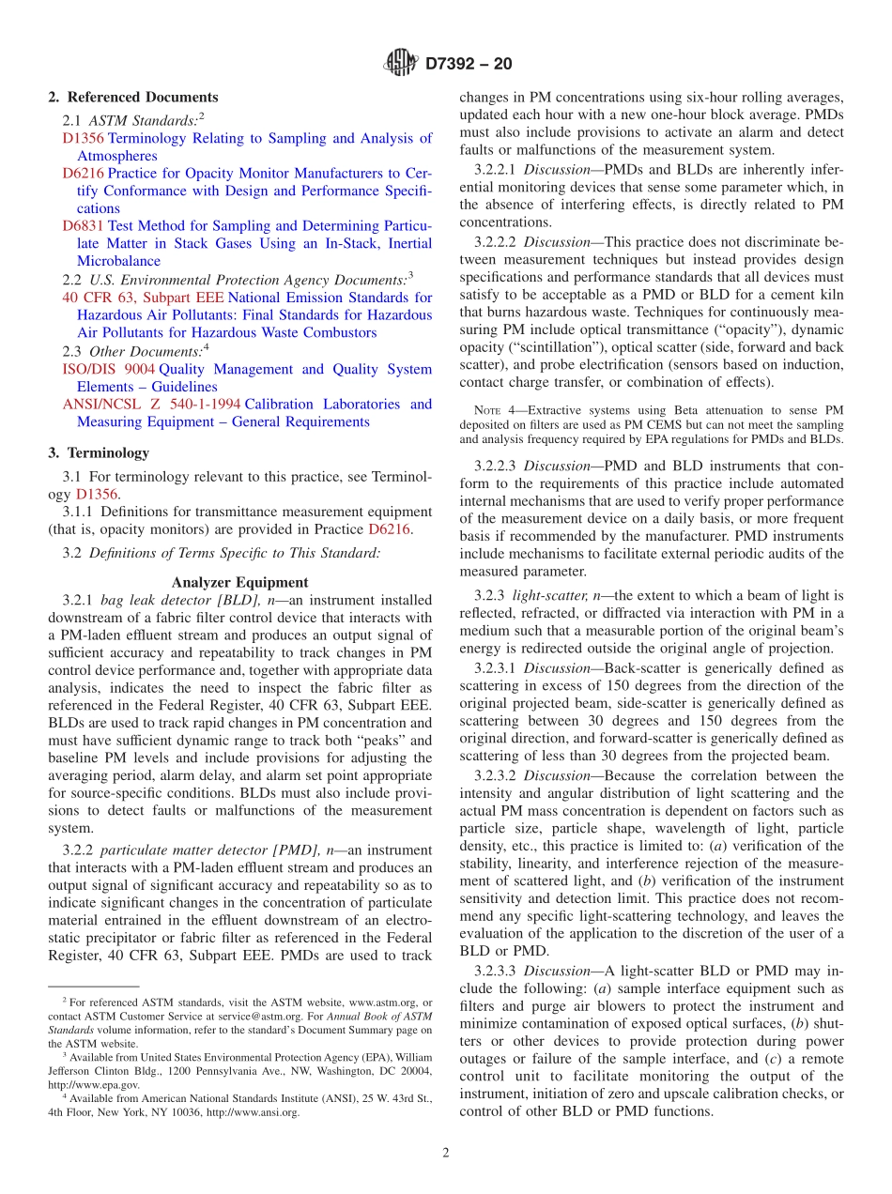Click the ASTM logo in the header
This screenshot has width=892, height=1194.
pyautogui.click(x=401, y=64)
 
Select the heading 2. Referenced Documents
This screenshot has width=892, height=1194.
pyautogui.click(x=133, y=98)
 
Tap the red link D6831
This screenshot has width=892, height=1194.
pyautogui.click(x=83, y=226)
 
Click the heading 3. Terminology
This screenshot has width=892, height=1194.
pyautogui.click(x=99, y=452)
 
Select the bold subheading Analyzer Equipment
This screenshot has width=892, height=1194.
pyautogui.click(x=239, y=582)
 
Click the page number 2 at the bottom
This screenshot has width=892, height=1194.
pyautogui.click(x=446, y=1153)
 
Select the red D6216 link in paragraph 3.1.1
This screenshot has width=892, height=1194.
pyautogui.click(x=390, y=529)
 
